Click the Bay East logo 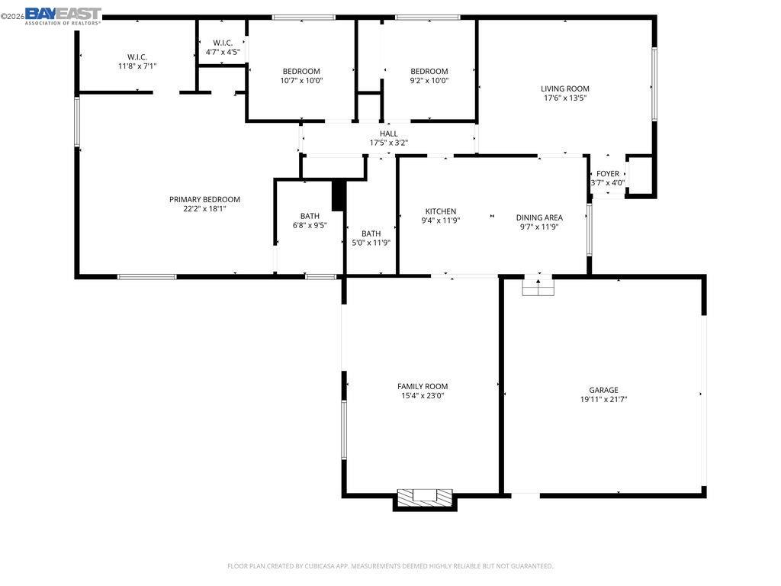click(63, 15)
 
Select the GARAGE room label click(603, 390)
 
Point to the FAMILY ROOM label click(423, 387)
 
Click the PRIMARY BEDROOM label click(204, 199)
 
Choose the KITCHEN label click(441, 211)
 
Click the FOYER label click(608, 174)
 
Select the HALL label click(389, 134)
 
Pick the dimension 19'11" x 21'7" click(603, 399)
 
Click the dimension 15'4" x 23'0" click(423, 396)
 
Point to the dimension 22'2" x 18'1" click(204, 208)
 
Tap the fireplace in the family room click(426, 497)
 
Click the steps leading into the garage click(538, 287)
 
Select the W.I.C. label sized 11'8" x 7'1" click(137, 56)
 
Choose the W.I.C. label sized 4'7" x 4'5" click(223, 43)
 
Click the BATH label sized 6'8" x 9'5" click(310, 216)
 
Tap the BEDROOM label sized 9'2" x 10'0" click(429, 71)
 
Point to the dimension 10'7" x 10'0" click(301, 80)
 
